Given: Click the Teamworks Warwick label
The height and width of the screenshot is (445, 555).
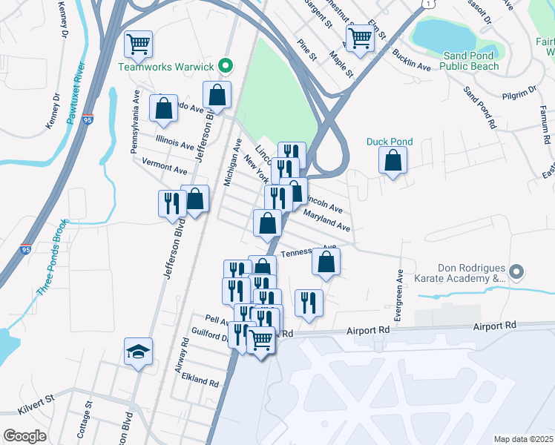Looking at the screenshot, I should [166, 67].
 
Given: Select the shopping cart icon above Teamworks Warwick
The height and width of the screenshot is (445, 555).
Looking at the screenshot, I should [138, 44].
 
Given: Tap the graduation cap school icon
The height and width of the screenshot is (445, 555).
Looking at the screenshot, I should [138, 352].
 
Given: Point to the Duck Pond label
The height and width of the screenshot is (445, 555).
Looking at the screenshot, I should [390, 142].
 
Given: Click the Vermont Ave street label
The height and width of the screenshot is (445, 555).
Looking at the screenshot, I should [165, 170].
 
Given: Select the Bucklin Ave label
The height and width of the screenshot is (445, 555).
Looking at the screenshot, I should [412, 62].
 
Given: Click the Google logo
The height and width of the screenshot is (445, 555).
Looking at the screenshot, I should [25, 436].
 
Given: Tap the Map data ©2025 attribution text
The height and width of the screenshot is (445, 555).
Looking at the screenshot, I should [523, 439].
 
